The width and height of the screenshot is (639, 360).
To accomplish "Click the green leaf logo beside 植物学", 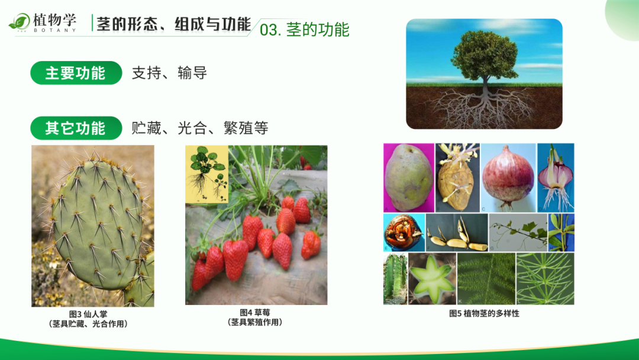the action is pyautogui.click(x=19, y=21).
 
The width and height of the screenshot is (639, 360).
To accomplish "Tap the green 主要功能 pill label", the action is pyautogui.click(x=76, y=73).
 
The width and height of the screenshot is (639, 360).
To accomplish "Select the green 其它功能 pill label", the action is pyautogui.click(x=76, y=128).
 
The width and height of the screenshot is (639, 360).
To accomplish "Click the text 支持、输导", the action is pyautogui.click(x=170, y=73).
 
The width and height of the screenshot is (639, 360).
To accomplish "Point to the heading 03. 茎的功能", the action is pyautogui.click(x=305, y=30).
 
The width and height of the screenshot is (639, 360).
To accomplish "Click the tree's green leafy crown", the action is pyautogui.click(x=484, y=56).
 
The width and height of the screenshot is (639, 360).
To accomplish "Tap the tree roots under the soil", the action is pyautogui.click(x=484, y=107).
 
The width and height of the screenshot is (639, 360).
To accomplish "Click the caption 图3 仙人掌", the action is pyautogui.click(x=88, y=314).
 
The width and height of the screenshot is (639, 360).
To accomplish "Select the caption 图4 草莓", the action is pyautogui.click(x=255, y=313).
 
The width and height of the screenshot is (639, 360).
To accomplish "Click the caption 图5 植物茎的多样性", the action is pyautogui.click(x=484, y=314).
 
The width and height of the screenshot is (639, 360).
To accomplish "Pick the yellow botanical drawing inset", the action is pyautogui.click(x=206, y=174).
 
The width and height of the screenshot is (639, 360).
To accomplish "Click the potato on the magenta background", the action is pyautogui.click(x=409, y=178).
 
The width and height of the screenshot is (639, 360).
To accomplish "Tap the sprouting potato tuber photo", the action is pyautogui.click(x=457, y=178).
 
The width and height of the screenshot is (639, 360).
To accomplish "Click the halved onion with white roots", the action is pyautogui.click(x=556, y=178).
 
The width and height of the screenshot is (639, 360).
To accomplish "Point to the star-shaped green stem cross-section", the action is pyautogui.click(x=432, y=278).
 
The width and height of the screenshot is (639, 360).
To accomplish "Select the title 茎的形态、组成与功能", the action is pyautogui.click(x=173, y=24).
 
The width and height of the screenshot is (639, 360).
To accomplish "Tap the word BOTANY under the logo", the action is pyautogui.click(x=54, y=30).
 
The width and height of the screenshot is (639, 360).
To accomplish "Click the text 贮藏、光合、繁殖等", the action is pyautogui.click(x=200, y=128).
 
